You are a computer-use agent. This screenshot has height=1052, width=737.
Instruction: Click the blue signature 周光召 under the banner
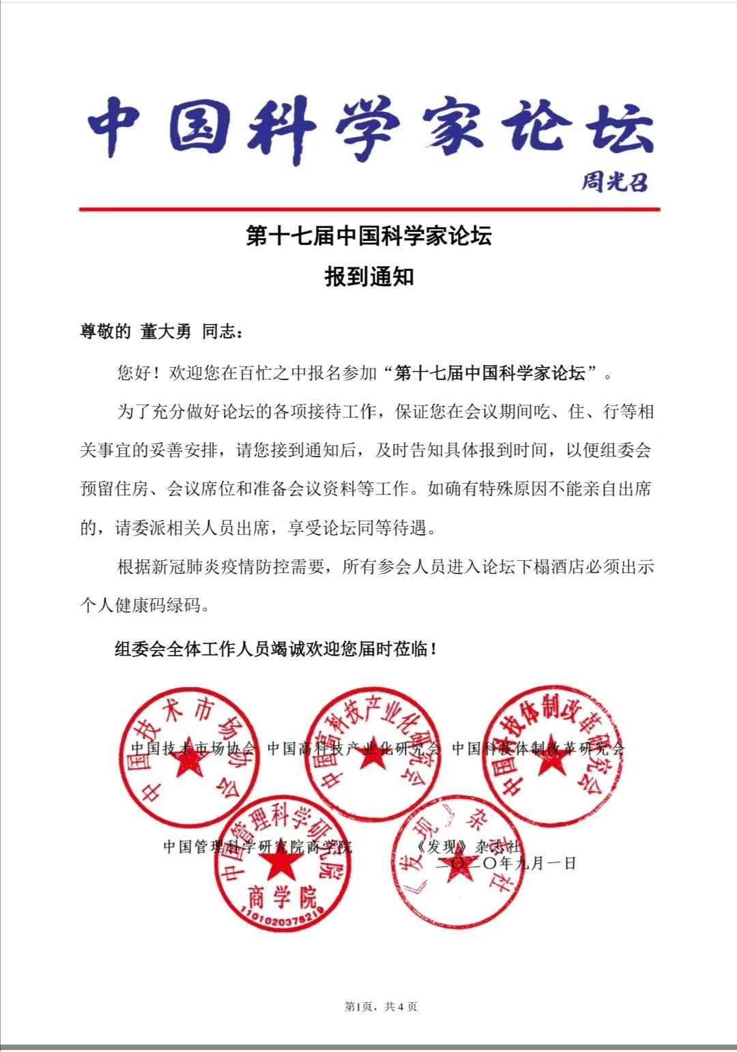point(613,182)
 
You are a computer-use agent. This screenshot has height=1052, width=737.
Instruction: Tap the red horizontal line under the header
point(369,209)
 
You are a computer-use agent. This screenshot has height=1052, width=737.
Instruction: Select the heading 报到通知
point(369,278)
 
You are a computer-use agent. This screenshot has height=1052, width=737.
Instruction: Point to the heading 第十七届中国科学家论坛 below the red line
point(369,237)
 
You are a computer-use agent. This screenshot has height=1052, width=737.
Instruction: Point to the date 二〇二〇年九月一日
point(506,862)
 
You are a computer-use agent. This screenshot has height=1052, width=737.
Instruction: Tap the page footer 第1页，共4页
point(381,1006)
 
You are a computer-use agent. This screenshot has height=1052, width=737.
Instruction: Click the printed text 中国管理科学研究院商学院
point(257,847)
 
